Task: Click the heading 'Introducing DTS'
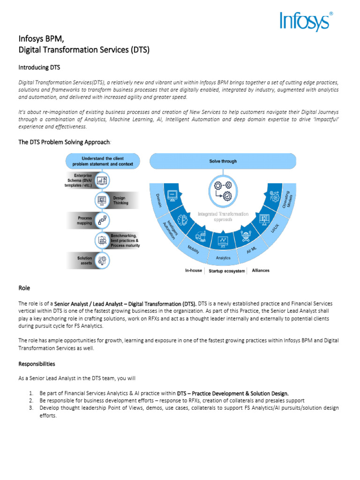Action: tap(39, 67)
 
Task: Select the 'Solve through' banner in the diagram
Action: tap(223, 161)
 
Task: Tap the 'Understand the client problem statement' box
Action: tap(103, 161)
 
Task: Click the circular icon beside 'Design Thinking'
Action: tap(102, 201)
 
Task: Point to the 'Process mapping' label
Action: tap(84, 220)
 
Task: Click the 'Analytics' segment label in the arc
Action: tap(223, 258)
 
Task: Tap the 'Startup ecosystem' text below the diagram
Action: tap(226, 271)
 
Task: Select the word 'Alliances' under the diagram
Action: tap(261, 270)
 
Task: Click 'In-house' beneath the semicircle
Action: tap(194, 270)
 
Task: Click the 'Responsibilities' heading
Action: tap(37, 364)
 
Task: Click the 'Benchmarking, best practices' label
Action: tap(125, 240)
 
